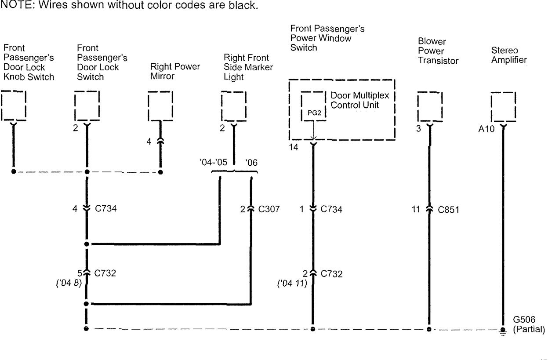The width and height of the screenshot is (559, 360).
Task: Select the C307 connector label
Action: tap(268, 209)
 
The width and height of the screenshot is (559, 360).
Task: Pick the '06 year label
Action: tap(252, 162)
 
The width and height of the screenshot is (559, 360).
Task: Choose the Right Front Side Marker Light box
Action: tap(233, 105)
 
